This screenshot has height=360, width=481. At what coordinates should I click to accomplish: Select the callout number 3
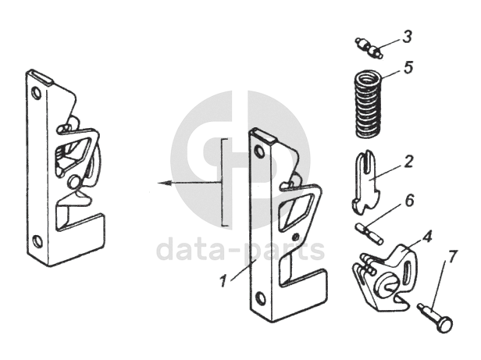click(408, 37)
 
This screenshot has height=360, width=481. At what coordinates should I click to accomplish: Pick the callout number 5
click(408, 68)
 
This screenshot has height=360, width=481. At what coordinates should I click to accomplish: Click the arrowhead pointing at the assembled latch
click(160, 184)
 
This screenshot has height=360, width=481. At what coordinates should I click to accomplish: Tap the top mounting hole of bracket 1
click(259, 152)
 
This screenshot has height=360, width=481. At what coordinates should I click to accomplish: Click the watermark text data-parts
click(241, 250)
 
